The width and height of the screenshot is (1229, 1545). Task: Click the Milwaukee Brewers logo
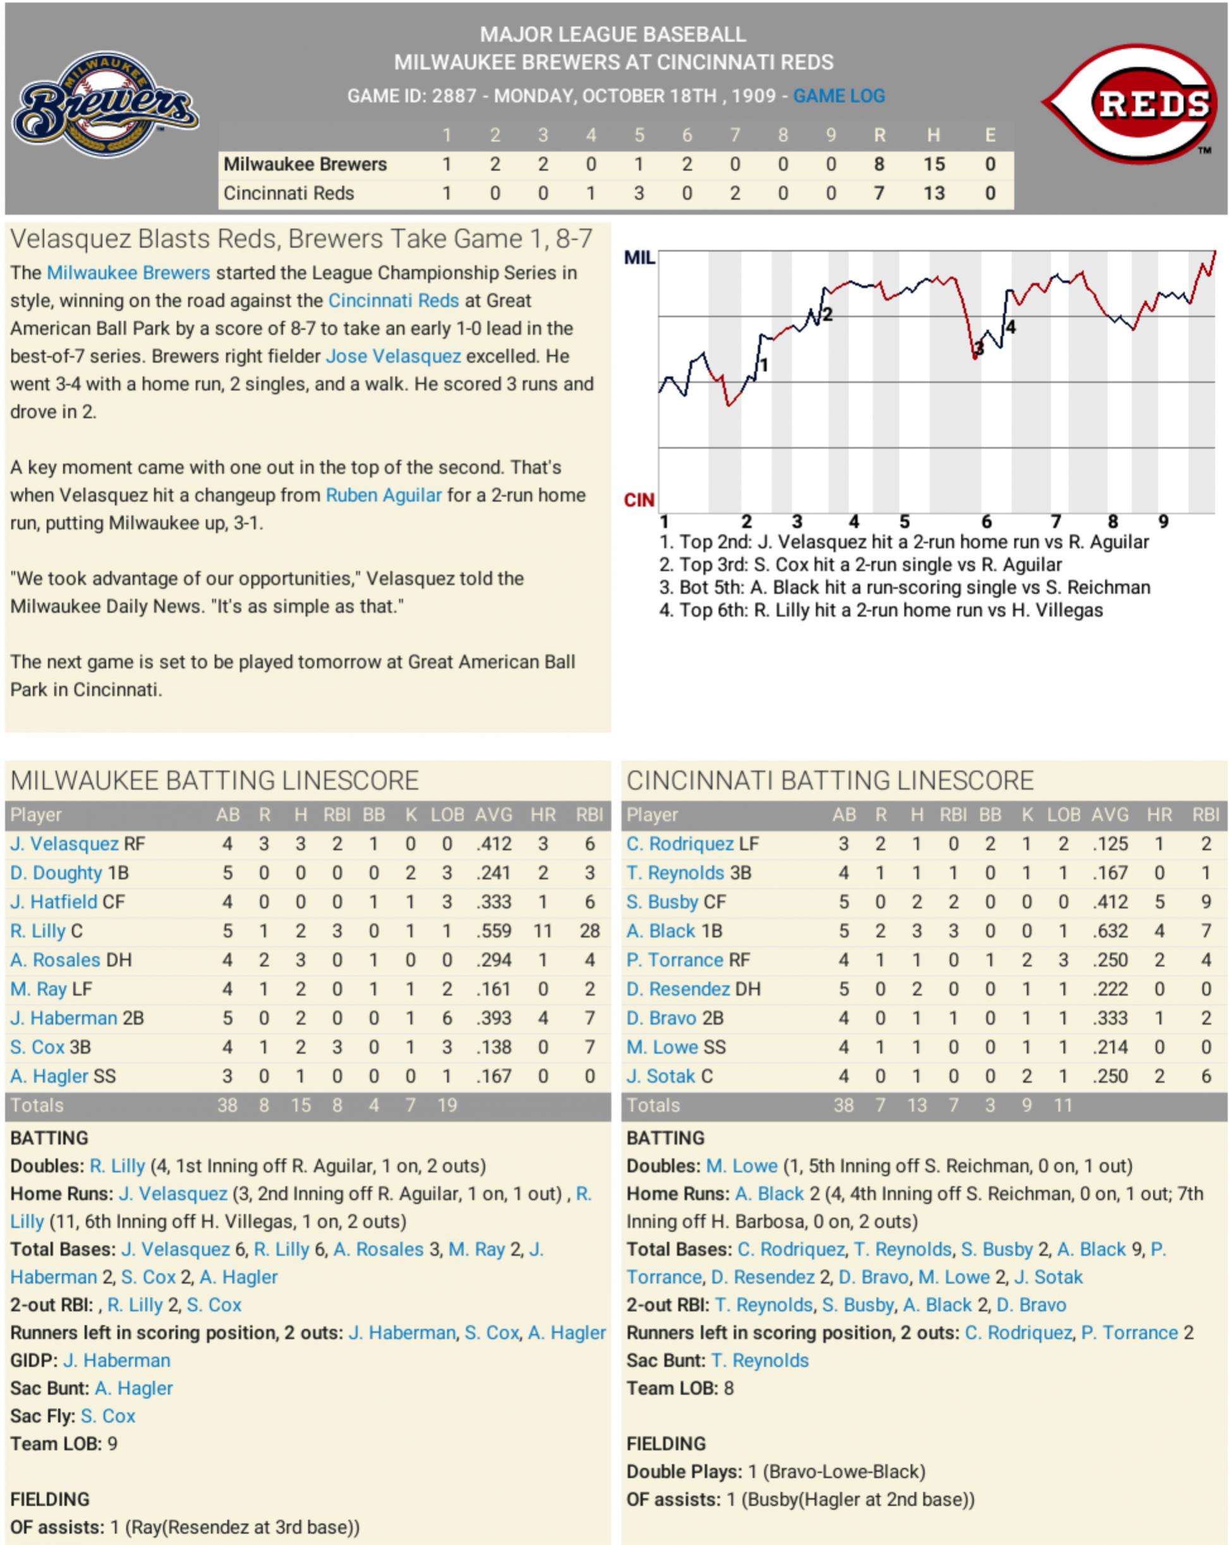coord(106,105)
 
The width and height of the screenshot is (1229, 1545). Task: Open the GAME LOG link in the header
coord(839,96)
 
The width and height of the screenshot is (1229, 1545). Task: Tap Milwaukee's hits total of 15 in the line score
coord(933,165)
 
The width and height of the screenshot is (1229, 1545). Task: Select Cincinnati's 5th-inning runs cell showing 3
coord(638,193)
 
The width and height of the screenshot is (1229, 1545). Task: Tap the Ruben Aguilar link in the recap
coord(384,495)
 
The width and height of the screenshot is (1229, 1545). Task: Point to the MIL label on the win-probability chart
coord(639,258)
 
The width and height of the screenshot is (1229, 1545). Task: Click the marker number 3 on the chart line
coord(979,349)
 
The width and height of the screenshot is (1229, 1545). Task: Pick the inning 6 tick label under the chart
coord(986,522)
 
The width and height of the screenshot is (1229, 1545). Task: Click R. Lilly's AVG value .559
coord(493,931)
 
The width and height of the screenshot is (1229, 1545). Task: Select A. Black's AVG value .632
coord(1110,931)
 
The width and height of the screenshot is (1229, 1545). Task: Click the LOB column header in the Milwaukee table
coord(447,815)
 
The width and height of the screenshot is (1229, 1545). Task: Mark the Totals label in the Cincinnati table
coord(653,1105)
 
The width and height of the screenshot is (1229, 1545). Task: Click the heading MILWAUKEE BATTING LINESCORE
coord(214,780)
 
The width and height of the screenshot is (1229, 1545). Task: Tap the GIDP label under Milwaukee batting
coord(33,1360)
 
